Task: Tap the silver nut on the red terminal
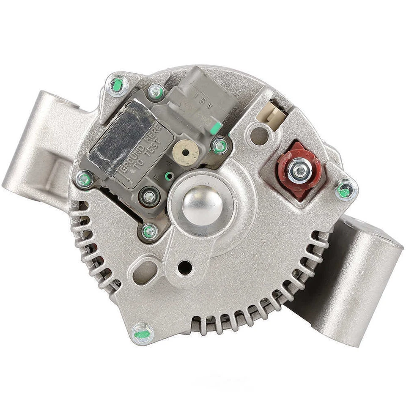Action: pyautogui.click(x=300, y=170)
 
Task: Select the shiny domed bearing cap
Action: pyautogui.click(x=202, y=205)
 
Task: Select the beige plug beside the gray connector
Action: pyautogui.click(x=275, y=112)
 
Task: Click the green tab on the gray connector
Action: pyautogui.click(x=216, y=126)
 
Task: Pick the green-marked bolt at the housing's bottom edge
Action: pyautogui.click(x=143, y=333)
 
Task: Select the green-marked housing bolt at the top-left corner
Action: pyautogui.click(x=117, y=85)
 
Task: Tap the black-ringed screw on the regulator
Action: pyautogui.click(x=149, y=196)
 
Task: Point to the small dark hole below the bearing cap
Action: pyautogui.click(x=184, y=267)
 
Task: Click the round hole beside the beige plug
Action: pyautogui.click(x=259, y=135)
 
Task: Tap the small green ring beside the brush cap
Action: pyautogui.click(x=169, y=176)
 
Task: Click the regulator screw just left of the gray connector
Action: pyautogui.click(x=156, y=91)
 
